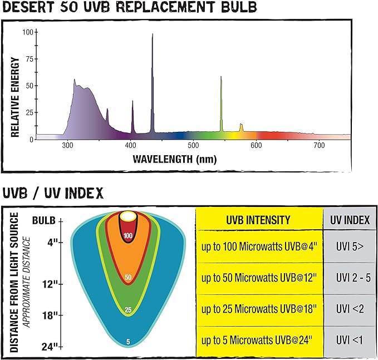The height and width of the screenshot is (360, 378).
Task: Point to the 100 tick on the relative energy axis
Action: point(27,32)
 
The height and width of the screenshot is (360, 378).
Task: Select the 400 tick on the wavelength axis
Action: point(130,145)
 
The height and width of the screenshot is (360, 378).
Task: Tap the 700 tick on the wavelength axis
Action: point(318,145)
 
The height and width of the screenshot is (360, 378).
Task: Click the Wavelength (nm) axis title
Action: point(174,159)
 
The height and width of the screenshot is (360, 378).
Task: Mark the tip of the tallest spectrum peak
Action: point(153,34)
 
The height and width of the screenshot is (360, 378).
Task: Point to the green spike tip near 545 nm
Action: point(221,77)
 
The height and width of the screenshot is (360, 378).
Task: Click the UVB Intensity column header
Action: point(259,220)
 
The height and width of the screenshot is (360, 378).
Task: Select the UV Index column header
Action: point(348,220)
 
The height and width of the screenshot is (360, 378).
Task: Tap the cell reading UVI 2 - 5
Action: point(348,278)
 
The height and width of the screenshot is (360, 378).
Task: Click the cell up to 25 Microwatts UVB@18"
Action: point(259,309)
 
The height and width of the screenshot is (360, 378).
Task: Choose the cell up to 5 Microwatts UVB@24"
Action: point(259,340)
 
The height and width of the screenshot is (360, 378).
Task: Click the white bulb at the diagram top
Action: point(129,217)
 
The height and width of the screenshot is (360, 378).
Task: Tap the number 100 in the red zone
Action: point(129,236)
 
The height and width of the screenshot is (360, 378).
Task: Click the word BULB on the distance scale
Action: point(43,221)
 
